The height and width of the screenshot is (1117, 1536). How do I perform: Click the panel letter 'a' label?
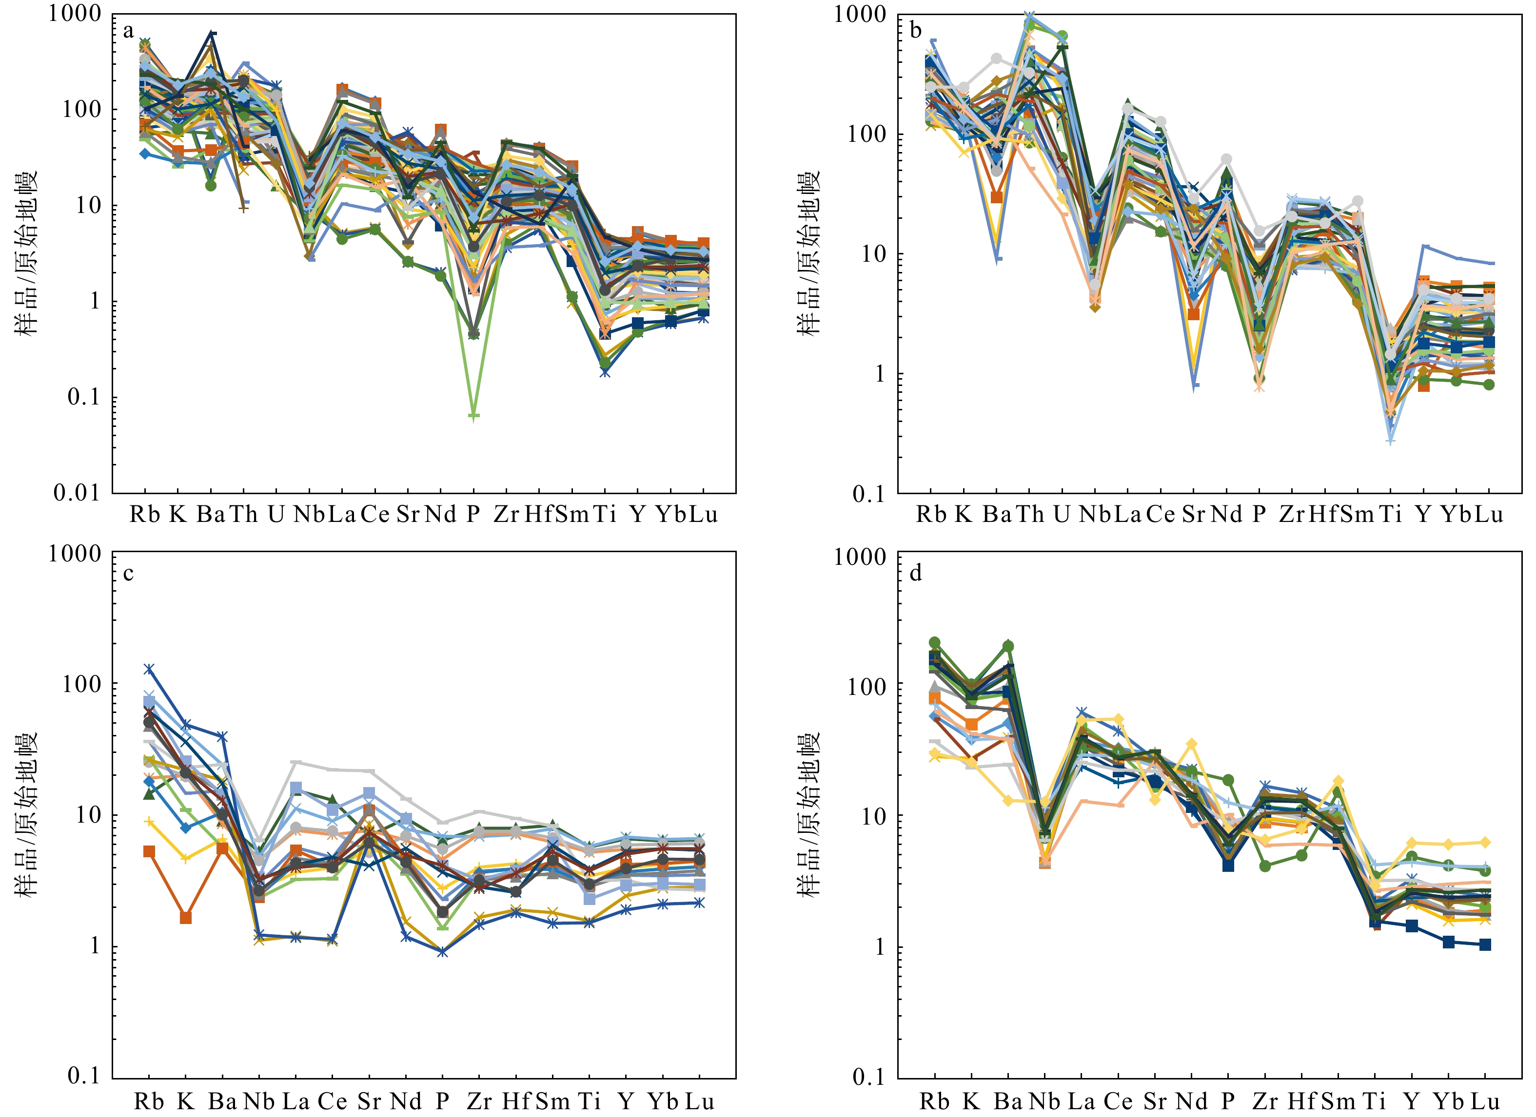coord(128,31)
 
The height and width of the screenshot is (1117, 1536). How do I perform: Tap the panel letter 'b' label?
coord(916,31)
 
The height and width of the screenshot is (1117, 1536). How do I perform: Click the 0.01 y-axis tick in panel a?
coord(77,493)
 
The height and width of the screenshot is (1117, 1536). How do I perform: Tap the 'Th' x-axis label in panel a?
coord(243,515)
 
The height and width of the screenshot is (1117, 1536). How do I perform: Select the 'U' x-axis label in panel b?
coord(1061,515)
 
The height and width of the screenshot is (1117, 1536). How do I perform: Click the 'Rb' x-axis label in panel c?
coord(149,1102)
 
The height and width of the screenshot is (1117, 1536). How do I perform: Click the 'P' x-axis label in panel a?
coord(473,515)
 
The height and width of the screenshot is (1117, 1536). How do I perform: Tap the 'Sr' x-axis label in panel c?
coord(369,1102)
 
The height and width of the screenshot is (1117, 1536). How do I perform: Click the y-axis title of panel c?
coord(28,816)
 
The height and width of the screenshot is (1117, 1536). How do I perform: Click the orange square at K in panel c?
coord(186,918)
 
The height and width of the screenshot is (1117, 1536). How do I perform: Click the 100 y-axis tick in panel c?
coord(81,684)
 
